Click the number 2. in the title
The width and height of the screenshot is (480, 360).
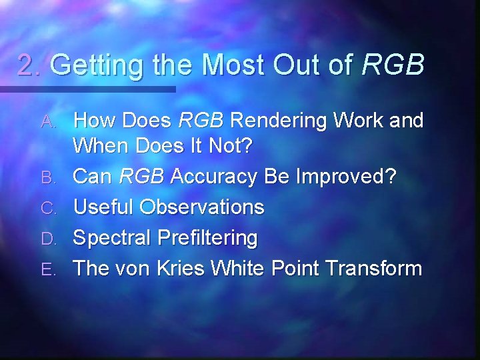click(x=31, y=65)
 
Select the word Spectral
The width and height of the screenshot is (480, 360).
click(x=114, y=237)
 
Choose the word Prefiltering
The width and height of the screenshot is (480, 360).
click(x=209, y=237)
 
